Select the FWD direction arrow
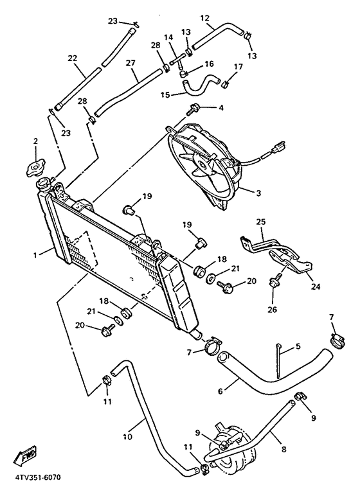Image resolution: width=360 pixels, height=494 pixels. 26,457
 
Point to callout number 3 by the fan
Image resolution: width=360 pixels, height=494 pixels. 257,192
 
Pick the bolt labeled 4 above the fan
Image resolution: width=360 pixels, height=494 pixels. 192,109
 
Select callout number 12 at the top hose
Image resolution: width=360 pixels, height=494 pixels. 204,18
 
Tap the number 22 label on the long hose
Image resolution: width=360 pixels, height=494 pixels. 73,58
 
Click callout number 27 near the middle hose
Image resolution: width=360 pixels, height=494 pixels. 131,62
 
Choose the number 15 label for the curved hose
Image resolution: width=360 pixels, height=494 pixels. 165,96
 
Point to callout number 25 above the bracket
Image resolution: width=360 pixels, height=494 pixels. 260,222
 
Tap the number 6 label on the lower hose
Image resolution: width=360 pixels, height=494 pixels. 221,390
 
